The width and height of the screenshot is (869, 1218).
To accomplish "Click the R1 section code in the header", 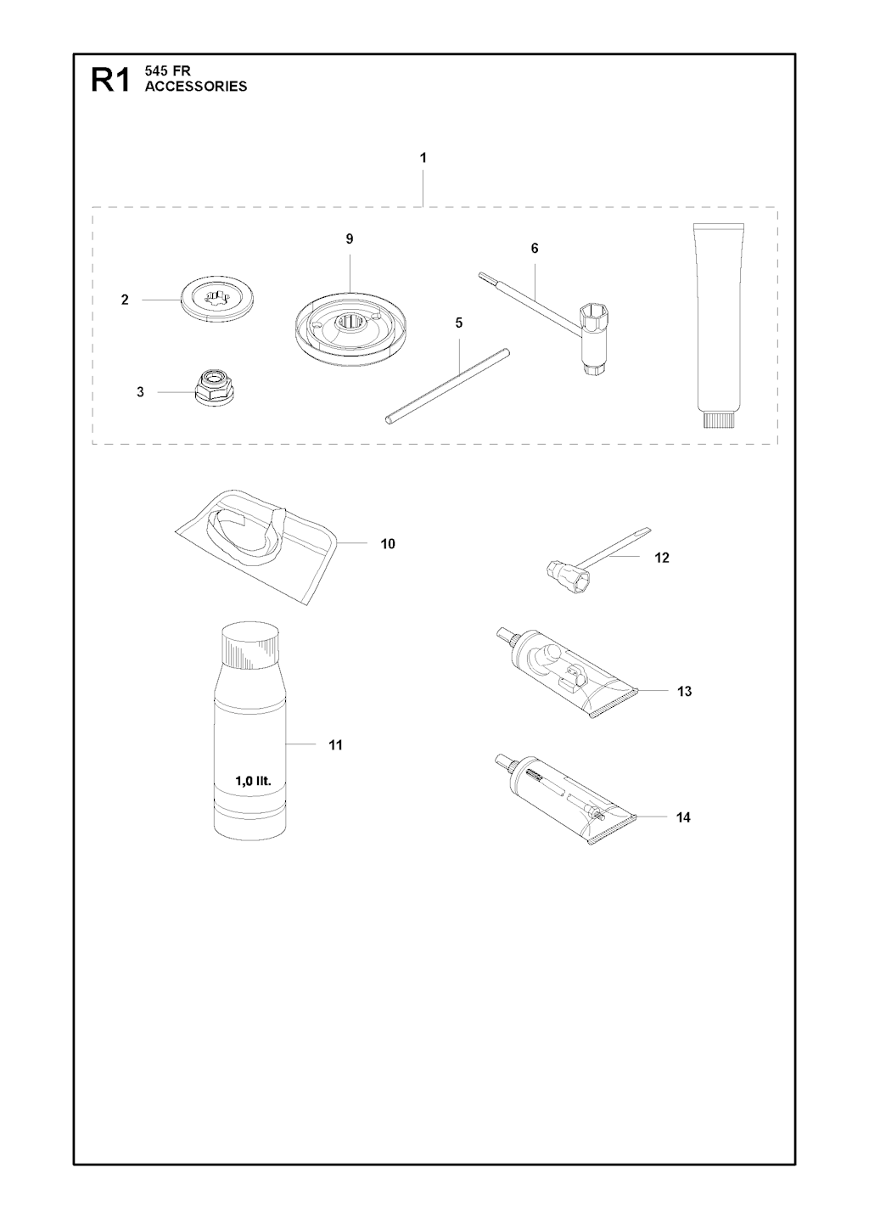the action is [110, 81].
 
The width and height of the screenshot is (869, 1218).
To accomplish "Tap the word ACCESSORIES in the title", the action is [196, 87].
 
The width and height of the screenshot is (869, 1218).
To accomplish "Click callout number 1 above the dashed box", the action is [423, 158].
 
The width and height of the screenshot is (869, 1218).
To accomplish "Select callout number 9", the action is [349, 239].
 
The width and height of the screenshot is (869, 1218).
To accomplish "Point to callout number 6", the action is [535, 249].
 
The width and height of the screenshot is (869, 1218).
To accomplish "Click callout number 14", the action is [683, 833].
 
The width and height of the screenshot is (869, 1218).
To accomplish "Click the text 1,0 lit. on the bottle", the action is [253, 782].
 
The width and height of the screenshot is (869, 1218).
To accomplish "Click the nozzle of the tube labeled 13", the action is [505, 635].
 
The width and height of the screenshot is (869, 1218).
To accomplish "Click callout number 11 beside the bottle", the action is [335, 745].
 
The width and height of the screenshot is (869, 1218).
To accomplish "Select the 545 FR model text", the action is [167, 71].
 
